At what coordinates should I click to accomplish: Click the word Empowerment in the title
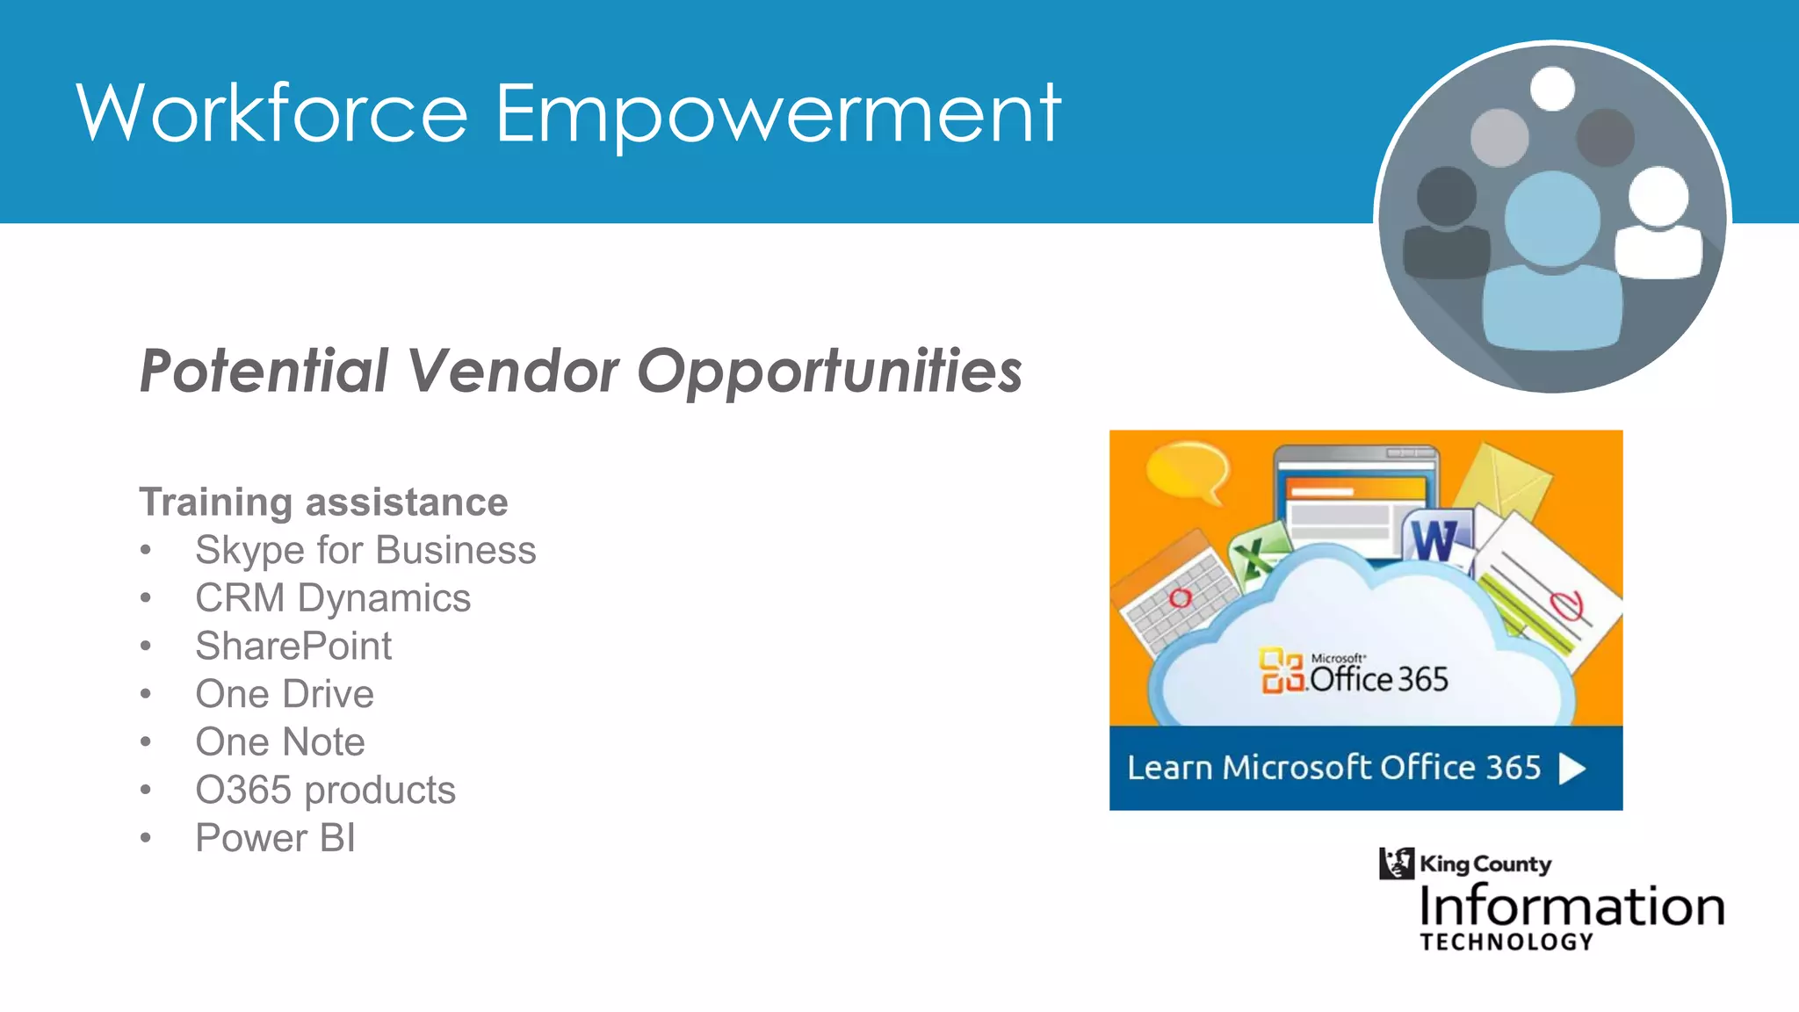point(778,114)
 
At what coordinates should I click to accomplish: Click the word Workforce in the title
point(272,114)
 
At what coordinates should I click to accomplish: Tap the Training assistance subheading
point(323,502)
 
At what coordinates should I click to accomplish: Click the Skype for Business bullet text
point(365,551)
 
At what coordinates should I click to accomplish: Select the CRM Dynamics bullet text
point(333,598)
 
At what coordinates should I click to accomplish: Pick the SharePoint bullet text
point(293,647)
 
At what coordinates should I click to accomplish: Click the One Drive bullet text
point(285,694)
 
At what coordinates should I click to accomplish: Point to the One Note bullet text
point(280,742)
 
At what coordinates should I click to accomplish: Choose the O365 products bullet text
point(325,790)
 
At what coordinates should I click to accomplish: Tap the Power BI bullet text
point(275,838)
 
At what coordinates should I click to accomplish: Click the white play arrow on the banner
point(1571,769)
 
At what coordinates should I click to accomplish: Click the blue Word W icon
point(1434,539)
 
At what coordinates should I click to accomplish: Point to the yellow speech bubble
point(1188,471)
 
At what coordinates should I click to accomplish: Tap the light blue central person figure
point(1552,264)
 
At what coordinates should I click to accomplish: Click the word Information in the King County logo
point(1571,907)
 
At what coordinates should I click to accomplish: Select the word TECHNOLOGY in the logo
point(1506,943)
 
